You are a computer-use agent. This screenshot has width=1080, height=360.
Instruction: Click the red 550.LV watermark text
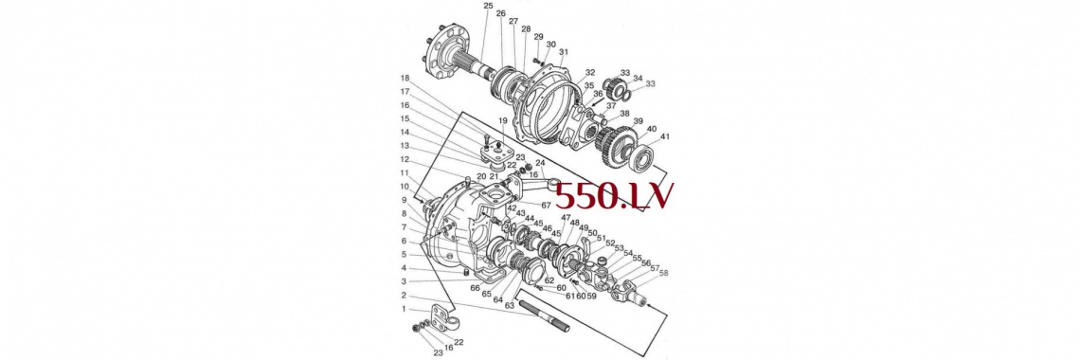coord(614,196)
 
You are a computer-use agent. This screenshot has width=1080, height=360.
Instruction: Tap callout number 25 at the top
coord(488,7)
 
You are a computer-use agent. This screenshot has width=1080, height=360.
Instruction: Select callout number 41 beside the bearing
coord(664,136)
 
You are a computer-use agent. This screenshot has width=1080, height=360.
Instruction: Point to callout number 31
coord(564,52)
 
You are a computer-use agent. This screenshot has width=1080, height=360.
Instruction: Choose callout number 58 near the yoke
coord(663,273)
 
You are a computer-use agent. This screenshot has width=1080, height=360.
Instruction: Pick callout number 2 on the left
coord(405,296)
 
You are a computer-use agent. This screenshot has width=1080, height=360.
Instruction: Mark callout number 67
coord(546,205)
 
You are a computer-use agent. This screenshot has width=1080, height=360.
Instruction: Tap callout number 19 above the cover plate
coord(503,120)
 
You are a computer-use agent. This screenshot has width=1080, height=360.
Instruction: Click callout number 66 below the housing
coord(476,288)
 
